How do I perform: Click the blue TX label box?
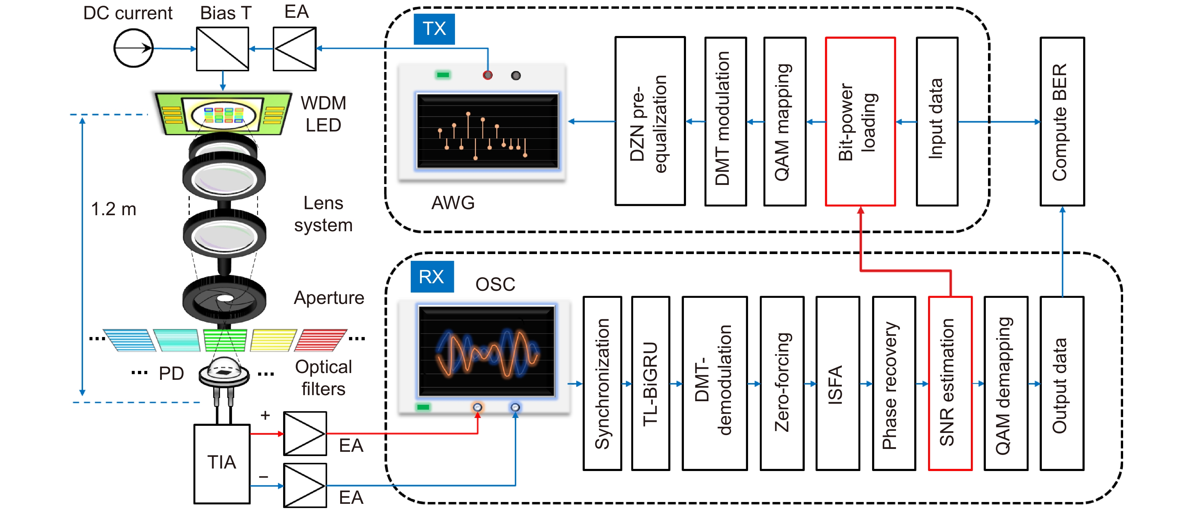tap(434, 29)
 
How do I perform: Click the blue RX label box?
tap(432, 276)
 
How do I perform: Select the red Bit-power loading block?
tap(860, 121)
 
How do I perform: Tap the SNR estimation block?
tap(950, 383)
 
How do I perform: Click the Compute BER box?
tap(1062, 121)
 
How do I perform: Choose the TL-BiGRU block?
tap(650, 383)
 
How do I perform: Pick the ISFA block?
tap(837, 383)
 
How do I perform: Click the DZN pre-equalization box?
tap(650, 121)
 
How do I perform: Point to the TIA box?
tap(222, 463)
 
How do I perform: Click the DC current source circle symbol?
tap(133, 48)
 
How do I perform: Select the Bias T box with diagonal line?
tap(222, 48)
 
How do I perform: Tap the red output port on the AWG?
tap(487, 75)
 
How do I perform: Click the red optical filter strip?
tap(320, 340)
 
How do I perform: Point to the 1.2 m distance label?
tap(113, 209)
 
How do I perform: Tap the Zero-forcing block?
tap(782, 383)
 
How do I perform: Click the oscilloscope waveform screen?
tap(486, 351)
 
